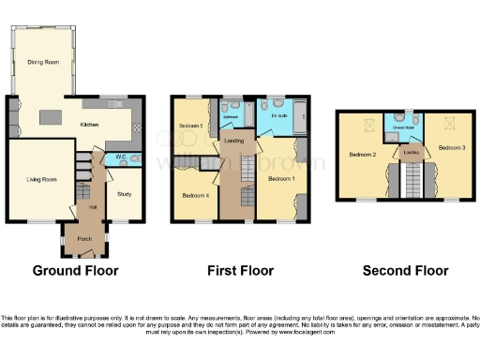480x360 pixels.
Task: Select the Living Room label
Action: pyautogui.click(x=41, y=178)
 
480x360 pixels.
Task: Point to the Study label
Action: pyautogui.click(x=124, y=194)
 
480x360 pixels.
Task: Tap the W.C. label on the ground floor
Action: pyautogui.click(x=120, y=157)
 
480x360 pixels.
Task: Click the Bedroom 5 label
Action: pyautogui.click(x=191, y=125)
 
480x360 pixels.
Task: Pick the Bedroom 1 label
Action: pyautogui.click(x=280, y=178)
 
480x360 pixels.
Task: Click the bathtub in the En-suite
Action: pyautogui.click(x=298, y=119)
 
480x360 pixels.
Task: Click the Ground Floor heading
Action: pyautogui.click(x=75, y=271)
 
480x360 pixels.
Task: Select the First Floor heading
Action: pyautogui.click(x=232, y=271)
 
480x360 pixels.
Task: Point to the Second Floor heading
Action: pyautogui.click(x=401, y=271)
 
